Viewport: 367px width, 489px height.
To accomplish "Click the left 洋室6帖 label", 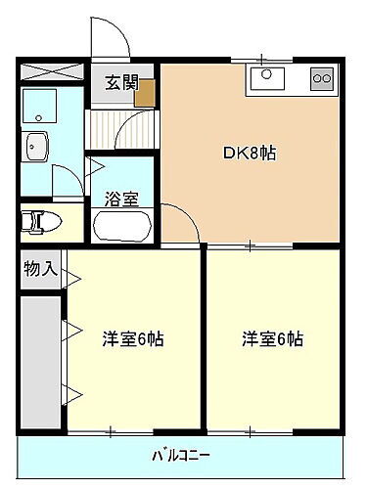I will pos(133,339).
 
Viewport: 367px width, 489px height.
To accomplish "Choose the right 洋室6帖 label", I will pos(272,339).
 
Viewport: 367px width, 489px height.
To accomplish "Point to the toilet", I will pos(39,221).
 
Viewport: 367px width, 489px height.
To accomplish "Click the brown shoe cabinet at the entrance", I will pos(146,92).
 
